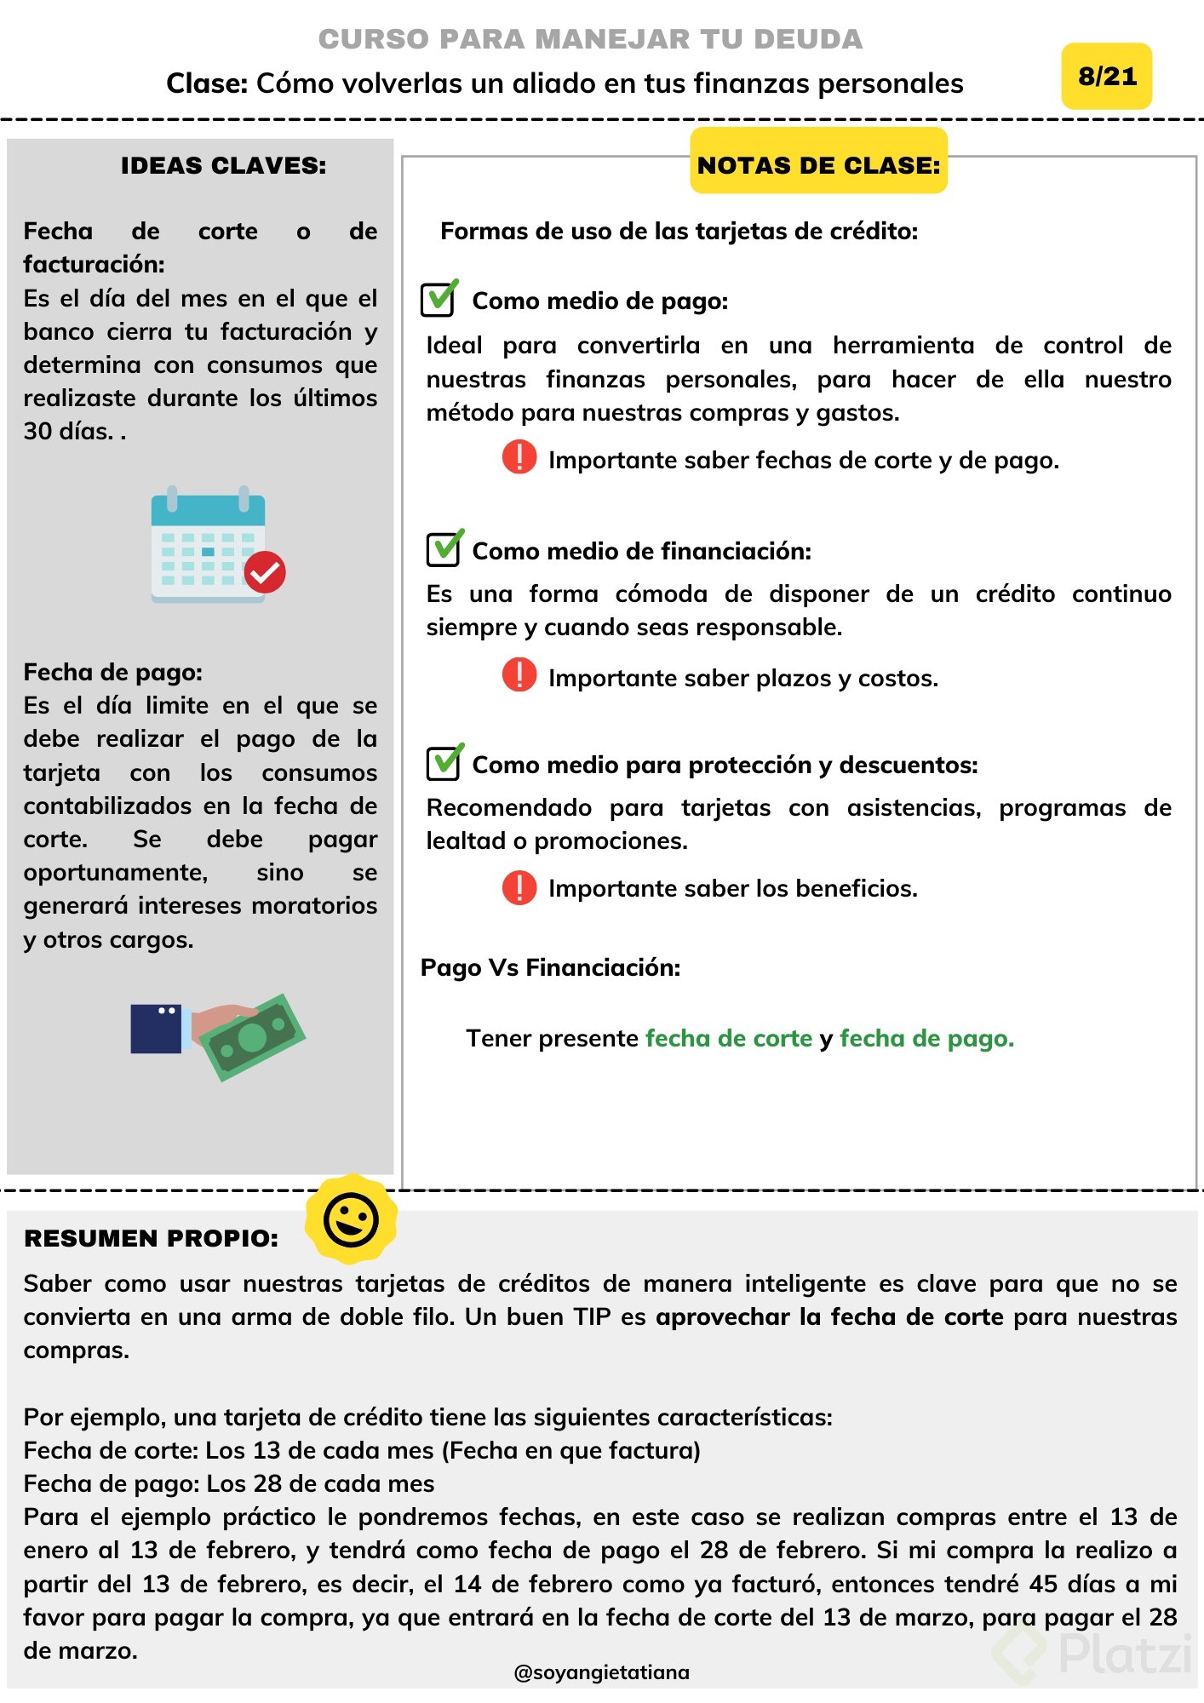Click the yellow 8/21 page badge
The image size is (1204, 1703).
click(x=1106, y=77)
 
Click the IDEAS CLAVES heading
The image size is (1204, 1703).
click(x=223, y=165)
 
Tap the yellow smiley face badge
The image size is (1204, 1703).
click(x=351, y=1218)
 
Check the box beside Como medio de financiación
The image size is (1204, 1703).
click(x=444, y=548)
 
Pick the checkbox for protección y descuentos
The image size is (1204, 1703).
click(x=444, y=762)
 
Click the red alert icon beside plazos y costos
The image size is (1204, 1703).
click(x=519, y=674)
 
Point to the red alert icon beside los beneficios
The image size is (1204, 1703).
click(x=519, y=887)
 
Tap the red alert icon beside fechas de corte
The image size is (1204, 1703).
click(x=519, y=457)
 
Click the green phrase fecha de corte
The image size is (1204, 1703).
click(x=729, y=1038)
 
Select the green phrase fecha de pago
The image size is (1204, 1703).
click(x=926, y=1038)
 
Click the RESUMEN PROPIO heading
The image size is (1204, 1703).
click(x=151, y=1238)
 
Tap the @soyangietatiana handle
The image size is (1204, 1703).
click(x=601, y=1672)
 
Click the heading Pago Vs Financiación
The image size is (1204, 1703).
click(x=550, y=967)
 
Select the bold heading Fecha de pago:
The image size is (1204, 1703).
click(x=112, y=672)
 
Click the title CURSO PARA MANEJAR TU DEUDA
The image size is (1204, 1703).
click(x=590, y=39)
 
